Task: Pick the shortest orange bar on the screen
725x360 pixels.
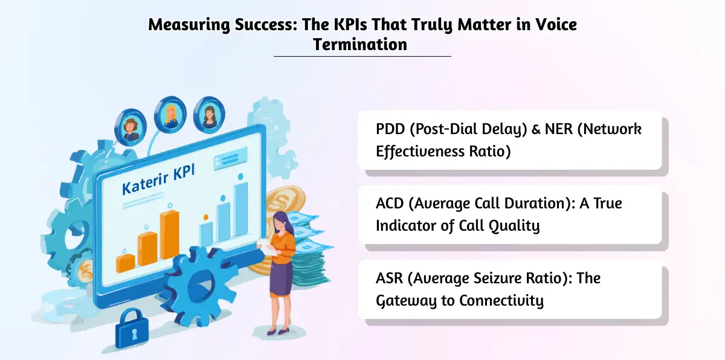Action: coord(125,262)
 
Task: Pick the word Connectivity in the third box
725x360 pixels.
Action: coord(501,300)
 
